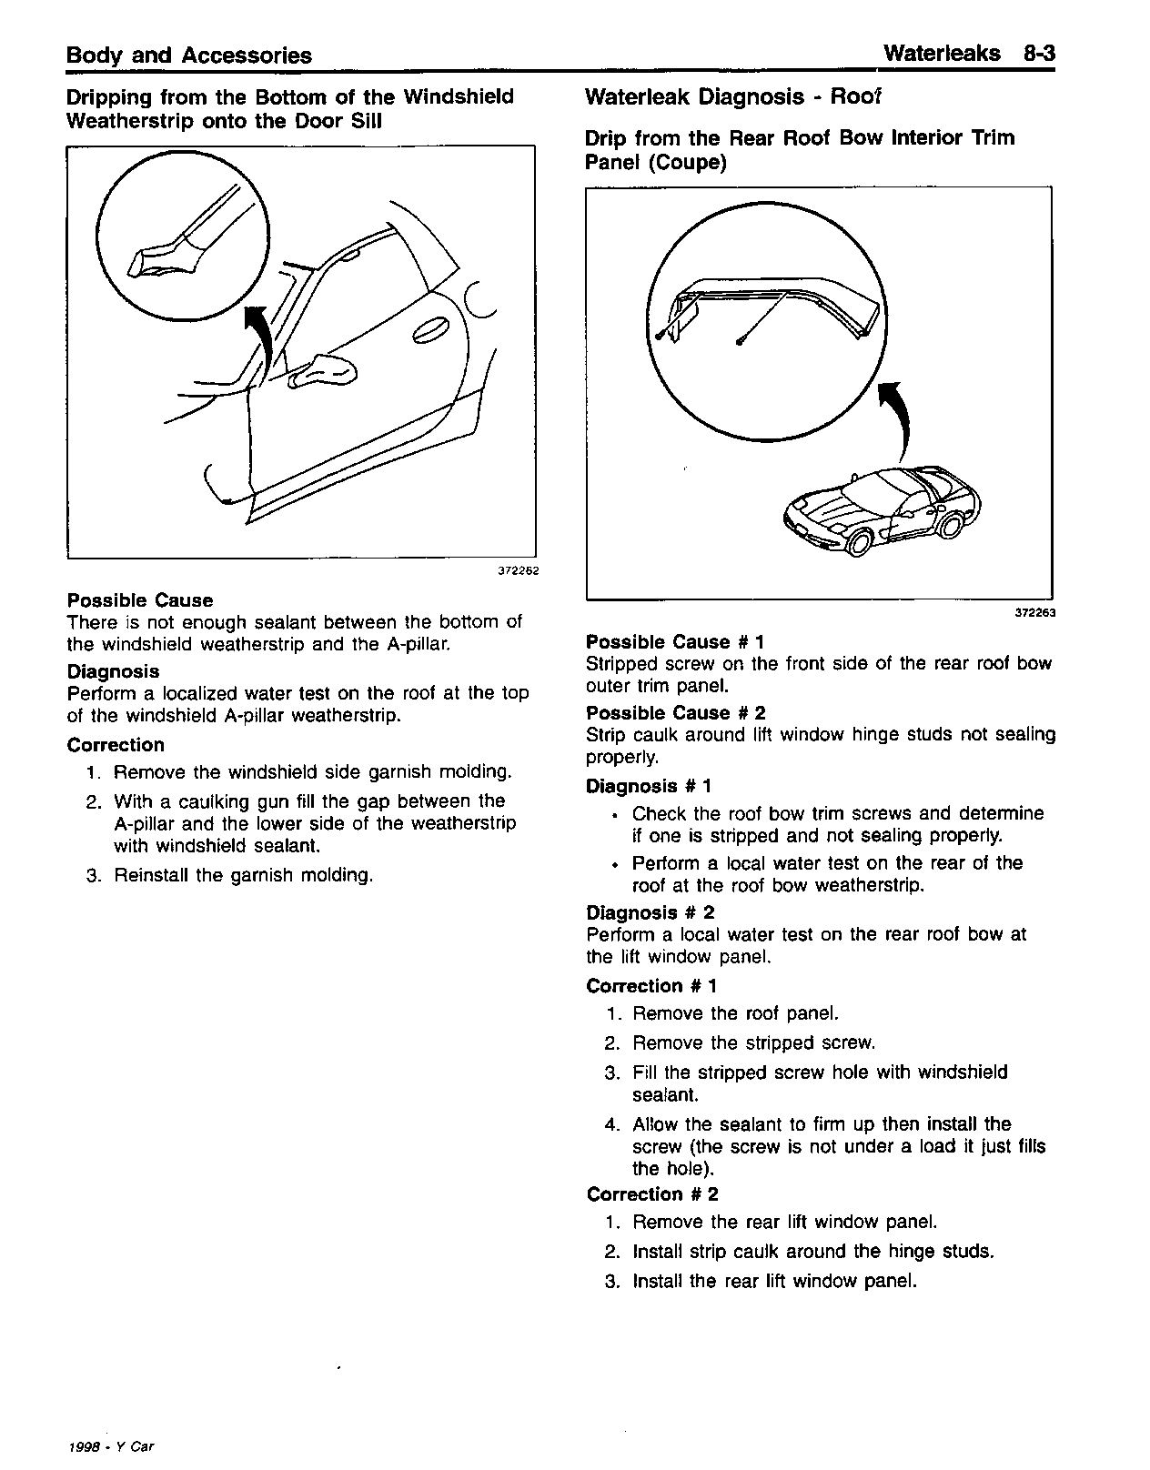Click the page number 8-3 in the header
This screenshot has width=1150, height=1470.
1038,54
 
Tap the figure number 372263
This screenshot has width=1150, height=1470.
1034,612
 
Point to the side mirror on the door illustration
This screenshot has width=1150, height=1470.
323,371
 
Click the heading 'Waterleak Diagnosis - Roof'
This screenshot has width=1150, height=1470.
733,97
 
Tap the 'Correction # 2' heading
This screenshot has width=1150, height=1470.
652,1194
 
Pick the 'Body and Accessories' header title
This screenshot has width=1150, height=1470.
189,55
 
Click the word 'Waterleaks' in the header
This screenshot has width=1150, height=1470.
942,54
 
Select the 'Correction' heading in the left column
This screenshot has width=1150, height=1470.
116,745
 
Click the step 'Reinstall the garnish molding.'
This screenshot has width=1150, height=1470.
243,876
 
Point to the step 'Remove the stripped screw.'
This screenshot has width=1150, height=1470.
753,1043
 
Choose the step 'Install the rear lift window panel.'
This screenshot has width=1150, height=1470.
774,1282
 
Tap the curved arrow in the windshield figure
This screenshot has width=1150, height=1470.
263,346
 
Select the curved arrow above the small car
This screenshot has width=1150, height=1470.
896,418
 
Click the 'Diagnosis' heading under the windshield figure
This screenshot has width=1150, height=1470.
113,671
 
